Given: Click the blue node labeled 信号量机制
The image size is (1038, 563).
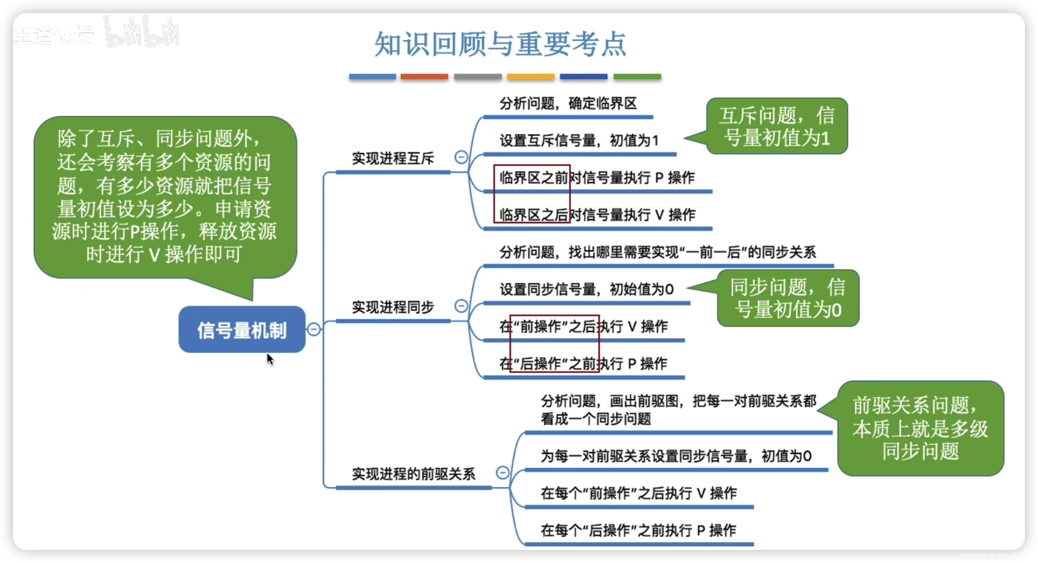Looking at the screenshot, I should coord(242,330).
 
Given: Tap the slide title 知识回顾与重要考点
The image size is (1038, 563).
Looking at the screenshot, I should coord(500,44).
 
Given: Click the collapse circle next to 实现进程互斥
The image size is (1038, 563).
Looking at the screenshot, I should coord(461,157).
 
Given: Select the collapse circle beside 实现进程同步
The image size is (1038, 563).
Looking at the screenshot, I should coord(461,306).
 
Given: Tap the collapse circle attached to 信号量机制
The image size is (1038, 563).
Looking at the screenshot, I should coord(314,329).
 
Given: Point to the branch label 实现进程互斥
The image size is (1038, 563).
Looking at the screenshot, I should coord(393,159).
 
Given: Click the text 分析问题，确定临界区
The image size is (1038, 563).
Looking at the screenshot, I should coord(568,104).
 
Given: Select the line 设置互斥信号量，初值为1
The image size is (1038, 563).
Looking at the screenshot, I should coord(579,141).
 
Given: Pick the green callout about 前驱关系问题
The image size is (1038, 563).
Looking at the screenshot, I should coord(920,428).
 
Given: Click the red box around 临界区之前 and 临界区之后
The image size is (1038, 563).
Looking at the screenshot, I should coord(531,193).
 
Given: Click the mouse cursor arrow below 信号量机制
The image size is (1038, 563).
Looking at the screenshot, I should coord(270,359).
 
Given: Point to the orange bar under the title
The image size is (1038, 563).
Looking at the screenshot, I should coord(424,77).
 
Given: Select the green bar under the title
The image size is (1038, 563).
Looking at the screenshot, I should coord(637,77).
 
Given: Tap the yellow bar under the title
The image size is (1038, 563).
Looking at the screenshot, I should coord(531,77).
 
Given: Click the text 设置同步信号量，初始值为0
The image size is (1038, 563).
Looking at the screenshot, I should coord(587,290).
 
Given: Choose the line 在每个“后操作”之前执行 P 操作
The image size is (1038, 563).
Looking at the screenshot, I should coord(638,530).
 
